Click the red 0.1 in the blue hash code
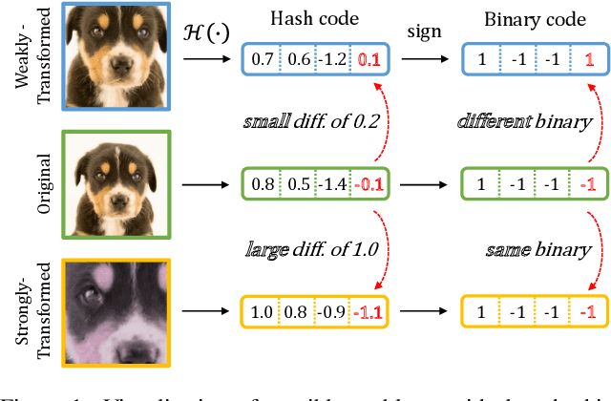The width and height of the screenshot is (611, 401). point(369,60)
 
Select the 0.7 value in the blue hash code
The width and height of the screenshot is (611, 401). point(261,60)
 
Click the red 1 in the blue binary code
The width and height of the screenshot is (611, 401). point(590,60)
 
